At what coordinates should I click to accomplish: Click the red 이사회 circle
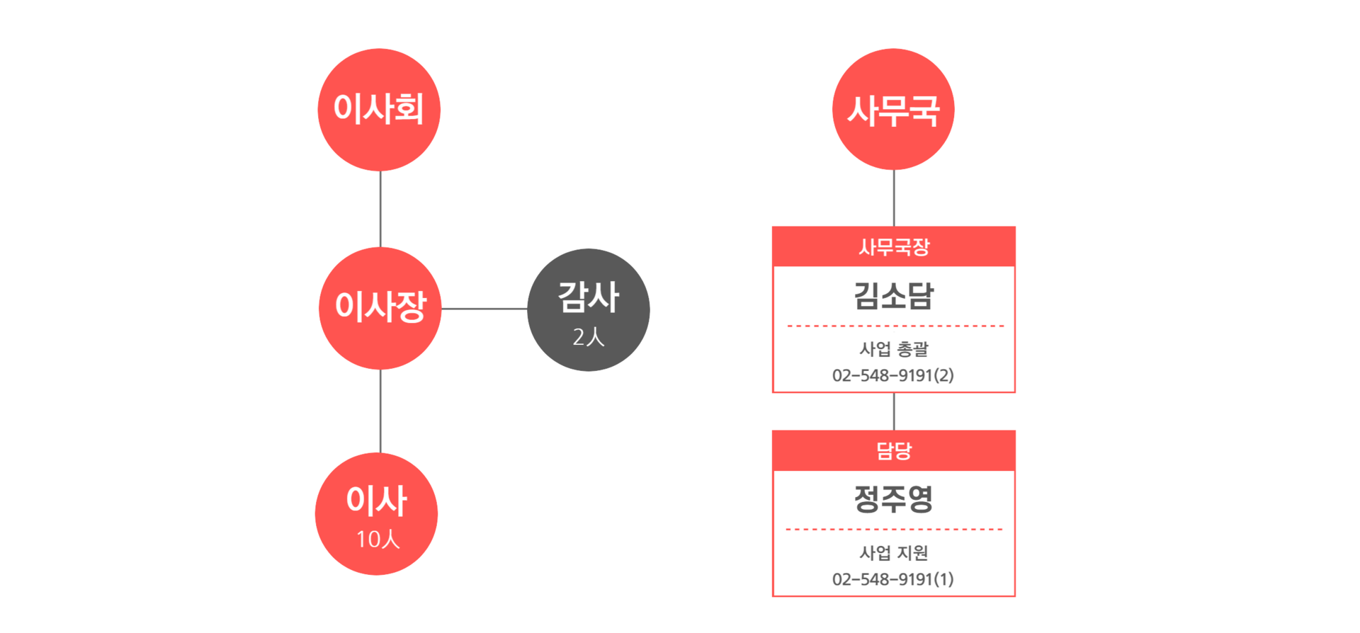pos(379,110)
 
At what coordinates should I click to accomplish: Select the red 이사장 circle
pos(380,308)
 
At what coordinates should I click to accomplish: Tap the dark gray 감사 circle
pos(589,309)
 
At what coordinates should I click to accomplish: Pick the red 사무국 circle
pos(893,109)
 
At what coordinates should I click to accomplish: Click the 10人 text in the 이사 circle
pos(378,540)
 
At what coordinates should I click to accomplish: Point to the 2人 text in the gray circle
pos(589,337)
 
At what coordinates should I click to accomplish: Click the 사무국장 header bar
pos(894,246)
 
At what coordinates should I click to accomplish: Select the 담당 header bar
pos(894,450)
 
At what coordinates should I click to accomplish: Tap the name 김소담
pos(894,295)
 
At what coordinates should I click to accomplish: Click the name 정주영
pos(894,499)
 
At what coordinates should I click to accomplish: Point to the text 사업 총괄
pos(894,349)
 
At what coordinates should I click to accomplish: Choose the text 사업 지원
pos(894,553)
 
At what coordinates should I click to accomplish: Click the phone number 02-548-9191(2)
pos(893,375)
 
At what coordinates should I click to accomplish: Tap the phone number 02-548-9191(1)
pos(893,579)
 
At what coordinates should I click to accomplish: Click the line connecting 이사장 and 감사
pos(484,309)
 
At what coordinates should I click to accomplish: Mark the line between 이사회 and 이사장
pos(380,209)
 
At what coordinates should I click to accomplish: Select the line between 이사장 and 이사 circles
pos(380,411)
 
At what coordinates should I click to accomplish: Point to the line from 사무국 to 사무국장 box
pos(894,198)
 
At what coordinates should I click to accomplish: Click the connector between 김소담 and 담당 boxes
pos(894,411)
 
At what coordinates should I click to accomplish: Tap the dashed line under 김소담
pos(895,326)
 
